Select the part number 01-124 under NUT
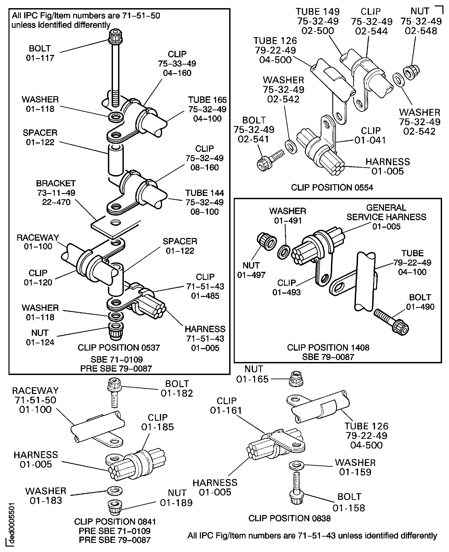point(40,342)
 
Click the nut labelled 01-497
point(267,241)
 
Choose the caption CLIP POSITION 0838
point(289,518)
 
